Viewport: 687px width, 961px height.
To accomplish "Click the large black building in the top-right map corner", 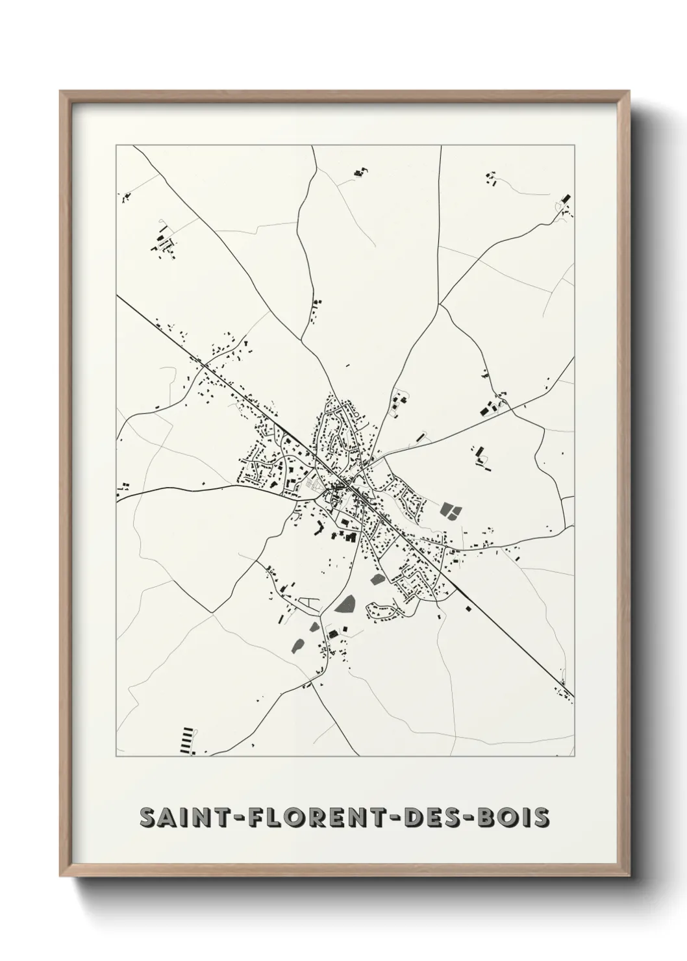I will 565,197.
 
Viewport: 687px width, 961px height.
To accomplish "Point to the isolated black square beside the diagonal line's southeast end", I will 468,608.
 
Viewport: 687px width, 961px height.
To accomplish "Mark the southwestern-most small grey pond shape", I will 299,645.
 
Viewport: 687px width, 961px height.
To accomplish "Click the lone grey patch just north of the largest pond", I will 376,577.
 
